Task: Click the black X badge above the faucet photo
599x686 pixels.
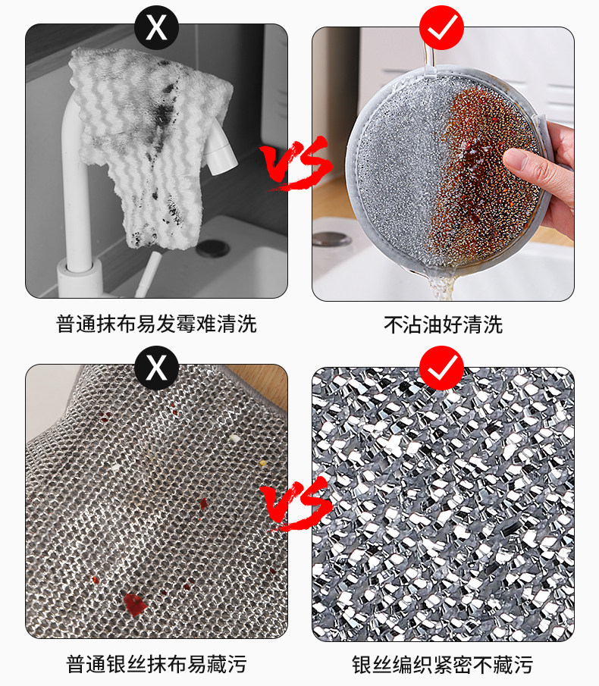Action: [x=156, y=27]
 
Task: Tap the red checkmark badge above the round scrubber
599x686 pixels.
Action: [x=441, y=27]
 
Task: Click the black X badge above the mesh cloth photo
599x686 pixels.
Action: [x=156, y=368]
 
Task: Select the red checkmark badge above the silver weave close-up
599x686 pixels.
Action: [x=441, y=368]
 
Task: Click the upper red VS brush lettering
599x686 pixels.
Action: [x=296, y=163]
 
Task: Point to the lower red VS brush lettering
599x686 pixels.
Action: [x=296, y=503]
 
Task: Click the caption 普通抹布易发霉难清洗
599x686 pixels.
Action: [x=156, y=324]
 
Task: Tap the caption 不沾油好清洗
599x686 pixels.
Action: [x=443, y=324]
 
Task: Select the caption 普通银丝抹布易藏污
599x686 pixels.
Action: [x=156, y=664]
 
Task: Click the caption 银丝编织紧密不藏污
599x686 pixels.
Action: [x=442, y=665]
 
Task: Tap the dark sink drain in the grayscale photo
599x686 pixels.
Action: [x=213, y=248]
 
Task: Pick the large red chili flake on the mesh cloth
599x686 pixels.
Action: [x=135, y=603]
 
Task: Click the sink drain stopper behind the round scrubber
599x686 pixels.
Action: [x=332, y=240]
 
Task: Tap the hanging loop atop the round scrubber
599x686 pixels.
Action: [x=429, y=57]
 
